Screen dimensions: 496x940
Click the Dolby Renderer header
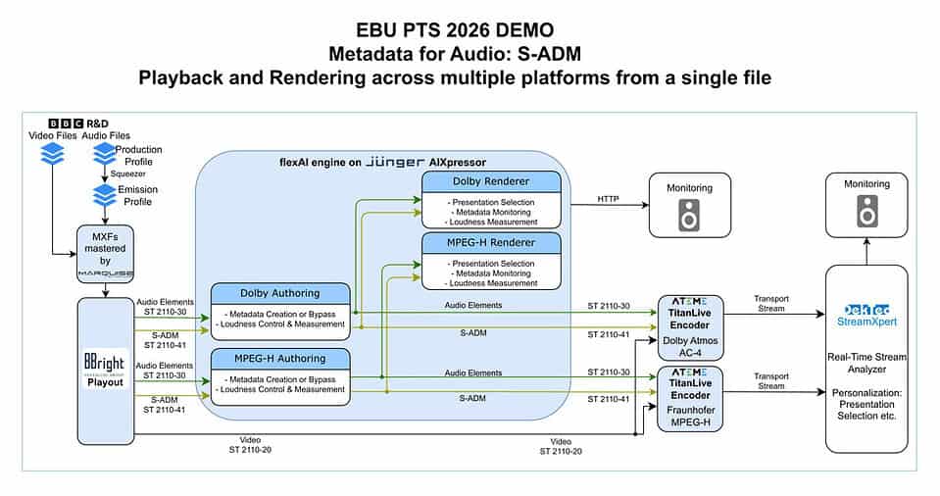(x=491, y=181)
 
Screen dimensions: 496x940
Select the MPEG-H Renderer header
(x=491, y=242)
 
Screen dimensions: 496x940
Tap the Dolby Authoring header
(x=279, y=293)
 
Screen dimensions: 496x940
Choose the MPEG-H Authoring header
(x=279, y=358)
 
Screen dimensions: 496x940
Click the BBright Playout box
(x=105, y=372)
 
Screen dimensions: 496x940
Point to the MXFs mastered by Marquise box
(x=105, y=254)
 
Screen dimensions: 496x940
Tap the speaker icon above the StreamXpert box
(x=866, y=211)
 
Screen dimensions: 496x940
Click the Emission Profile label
(x=137, y=195)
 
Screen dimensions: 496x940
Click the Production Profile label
(x=138, y=155)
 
